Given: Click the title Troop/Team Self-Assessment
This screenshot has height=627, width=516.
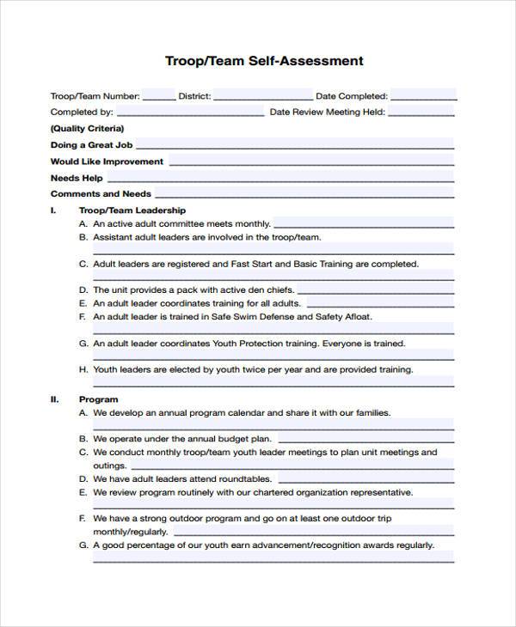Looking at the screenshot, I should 264,61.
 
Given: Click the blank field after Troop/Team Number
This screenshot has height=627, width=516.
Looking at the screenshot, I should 159,96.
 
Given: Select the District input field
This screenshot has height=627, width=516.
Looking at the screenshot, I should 261,96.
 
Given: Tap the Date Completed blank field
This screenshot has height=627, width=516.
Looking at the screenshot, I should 422,96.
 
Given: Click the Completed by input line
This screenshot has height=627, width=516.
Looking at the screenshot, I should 190,113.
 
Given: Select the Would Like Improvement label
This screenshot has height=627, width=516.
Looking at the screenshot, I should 107,161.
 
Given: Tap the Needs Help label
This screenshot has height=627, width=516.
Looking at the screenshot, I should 77,178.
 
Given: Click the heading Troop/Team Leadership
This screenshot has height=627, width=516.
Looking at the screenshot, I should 132,210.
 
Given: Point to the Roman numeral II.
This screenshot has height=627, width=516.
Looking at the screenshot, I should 54,399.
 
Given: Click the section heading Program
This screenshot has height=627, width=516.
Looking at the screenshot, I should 98,399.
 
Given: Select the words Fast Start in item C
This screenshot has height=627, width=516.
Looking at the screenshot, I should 254,265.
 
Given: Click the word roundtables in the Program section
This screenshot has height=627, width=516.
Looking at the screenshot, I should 246,478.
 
